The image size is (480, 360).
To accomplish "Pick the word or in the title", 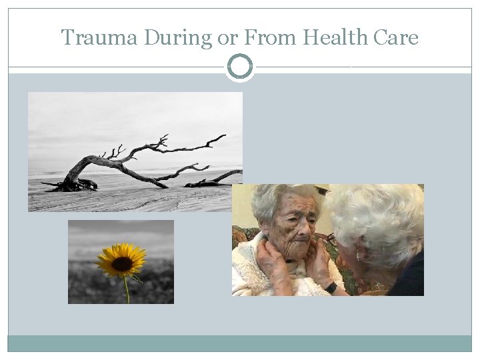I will pyautogui.click(x=227, y=39).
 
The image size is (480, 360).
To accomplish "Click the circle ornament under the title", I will pyautogui.click(x=240, y=67).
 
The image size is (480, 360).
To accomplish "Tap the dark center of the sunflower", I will pyautogui.click(x=121, y=263).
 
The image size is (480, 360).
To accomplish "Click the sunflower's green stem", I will pyautogui.click(x=125, y=290).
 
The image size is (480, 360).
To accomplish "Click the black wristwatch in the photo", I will pyautogui.click(x=331, y=287).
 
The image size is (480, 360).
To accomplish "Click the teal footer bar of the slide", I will pyautogui.click(x=240, y=343).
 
